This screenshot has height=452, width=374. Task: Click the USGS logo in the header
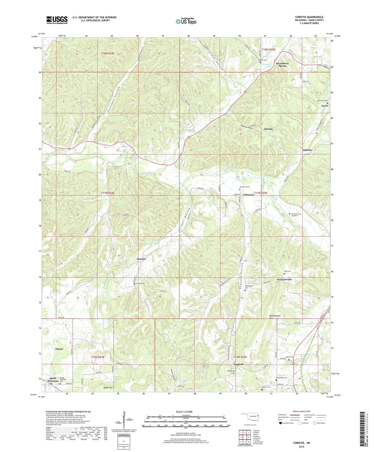click(57, 20)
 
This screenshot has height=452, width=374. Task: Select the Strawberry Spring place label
click(282, 64)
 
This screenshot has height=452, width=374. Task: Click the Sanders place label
click(141, 259)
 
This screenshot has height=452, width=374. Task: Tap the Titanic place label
click(59, 349)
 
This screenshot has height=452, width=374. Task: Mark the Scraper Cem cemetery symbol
click(134, 283)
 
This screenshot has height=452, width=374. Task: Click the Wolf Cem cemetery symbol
click(284, 274)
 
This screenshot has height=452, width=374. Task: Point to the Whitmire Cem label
click(244, 187)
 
